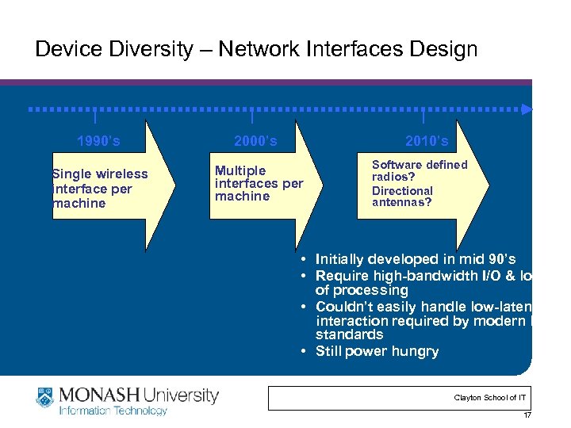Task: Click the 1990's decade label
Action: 98,142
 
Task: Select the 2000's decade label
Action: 255,142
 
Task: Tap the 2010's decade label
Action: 427,142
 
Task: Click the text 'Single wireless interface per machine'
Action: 100,189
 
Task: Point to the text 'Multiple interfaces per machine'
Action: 259,183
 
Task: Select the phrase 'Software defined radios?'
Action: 420,170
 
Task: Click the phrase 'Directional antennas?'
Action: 402,197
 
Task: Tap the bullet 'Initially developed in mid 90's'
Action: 415,259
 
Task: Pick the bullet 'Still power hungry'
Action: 376,351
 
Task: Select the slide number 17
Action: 527,415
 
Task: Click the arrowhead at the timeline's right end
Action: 528,109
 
